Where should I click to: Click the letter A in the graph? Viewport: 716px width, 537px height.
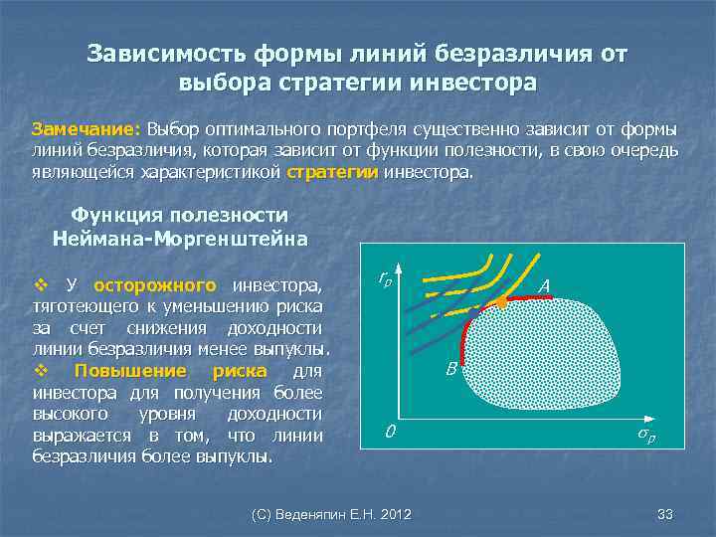click(x=544, y=286)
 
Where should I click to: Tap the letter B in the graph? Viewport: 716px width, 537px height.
click(x=450, y=369)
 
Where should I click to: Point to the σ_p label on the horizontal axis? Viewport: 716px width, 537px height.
click(x=646, y=435)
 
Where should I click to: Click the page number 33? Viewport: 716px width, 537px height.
click(x=665, y=514)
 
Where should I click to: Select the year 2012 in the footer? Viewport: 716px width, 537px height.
click(x=396, y=514)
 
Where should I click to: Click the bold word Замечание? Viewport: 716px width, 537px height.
click(x=89, y=130)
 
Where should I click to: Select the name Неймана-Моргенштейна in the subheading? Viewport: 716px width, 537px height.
click(x=180, y=239)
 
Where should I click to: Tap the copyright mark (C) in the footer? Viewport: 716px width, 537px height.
click(x=263, y=514)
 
